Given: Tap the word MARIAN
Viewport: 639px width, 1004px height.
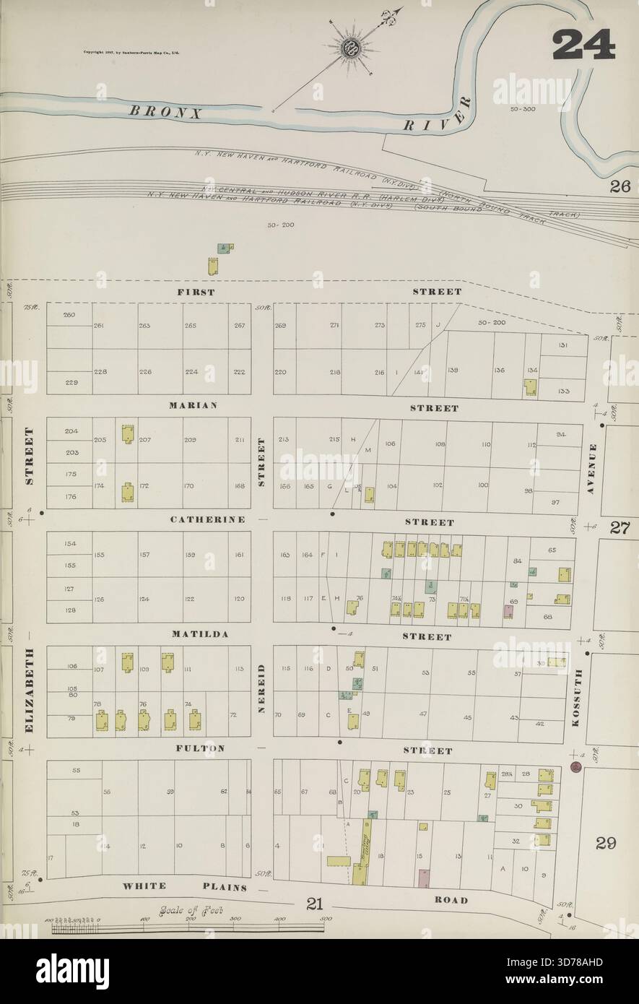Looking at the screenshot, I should [x=194, y=405].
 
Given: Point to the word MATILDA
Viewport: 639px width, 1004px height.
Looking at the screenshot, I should [x=200, y=634].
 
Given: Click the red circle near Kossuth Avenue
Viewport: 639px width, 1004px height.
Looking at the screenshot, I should [x=576, y=767].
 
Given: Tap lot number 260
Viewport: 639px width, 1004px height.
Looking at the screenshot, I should [x=69, y=314].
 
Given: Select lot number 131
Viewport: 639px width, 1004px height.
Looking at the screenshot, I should [x=562, y=345].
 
